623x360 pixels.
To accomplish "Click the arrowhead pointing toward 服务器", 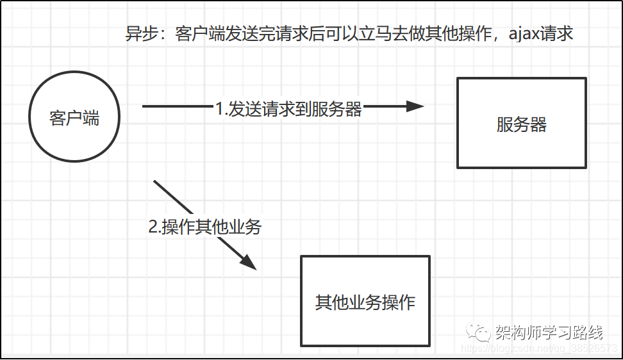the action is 415,106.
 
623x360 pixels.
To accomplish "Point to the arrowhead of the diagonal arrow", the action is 249,263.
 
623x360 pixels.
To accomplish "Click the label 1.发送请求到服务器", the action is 288,109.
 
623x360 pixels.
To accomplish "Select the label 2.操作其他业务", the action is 205,227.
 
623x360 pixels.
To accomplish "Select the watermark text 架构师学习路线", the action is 549,332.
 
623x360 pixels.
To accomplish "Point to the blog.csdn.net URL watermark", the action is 539,348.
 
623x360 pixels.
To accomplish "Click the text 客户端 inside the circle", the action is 74,119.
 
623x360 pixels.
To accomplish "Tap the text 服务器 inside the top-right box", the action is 521,124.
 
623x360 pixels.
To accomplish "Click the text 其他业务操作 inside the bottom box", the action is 365,302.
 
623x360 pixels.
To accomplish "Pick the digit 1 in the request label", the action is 220,109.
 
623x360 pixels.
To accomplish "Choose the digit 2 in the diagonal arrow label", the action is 153,227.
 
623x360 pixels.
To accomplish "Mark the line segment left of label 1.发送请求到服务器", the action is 178,106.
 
